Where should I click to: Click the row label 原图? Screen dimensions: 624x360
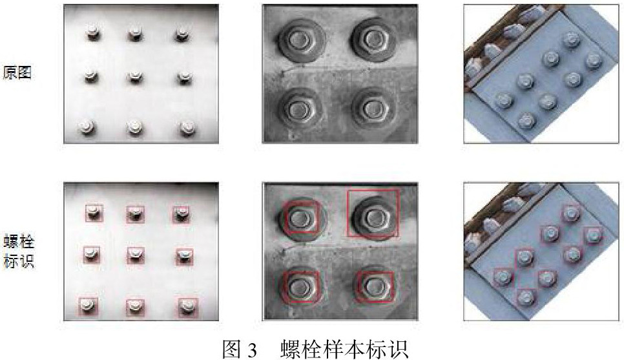(x=17, y=73)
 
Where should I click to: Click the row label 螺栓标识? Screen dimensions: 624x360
(x=19, y=251)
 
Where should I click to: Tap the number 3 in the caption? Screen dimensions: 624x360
(x=253, y=349)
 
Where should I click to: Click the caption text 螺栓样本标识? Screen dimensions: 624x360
(x=344, y=349)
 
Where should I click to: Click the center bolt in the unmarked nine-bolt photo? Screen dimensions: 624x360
(x=135, y=77)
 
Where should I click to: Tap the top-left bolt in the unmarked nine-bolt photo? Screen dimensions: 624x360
(x=93, y=33)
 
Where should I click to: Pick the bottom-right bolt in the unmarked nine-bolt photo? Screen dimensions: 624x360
(x=187, y=127)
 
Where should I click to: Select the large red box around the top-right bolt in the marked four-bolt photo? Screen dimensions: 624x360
(x=373, y=190)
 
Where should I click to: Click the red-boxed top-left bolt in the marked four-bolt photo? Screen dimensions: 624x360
(x=301, y=218)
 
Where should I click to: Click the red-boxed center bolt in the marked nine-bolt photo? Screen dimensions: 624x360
(x=136, y=255)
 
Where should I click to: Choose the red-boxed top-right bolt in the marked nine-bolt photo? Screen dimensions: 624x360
(x=181, y=214)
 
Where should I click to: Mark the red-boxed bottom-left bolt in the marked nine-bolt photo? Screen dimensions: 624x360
(x=88, y=306)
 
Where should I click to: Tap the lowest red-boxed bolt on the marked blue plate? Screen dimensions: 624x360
(x=526, y=297)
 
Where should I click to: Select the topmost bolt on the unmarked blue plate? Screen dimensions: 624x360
(x=571, y=40)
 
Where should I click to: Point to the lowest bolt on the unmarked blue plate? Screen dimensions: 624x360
(x=527, y=120)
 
